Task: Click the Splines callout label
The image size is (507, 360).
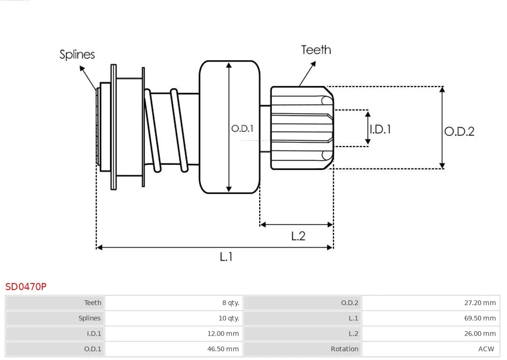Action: [77, 54]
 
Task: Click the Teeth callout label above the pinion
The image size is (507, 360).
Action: [316, 50]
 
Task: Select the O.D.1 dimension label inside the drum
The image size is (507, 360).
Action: [242, 128]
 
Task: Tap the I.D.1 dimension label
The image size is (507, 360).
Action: [380, 129]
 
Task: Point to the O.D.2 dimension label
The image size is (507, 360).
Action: [459, 131]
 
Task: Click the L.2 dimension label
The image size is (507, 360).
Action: [298, 236]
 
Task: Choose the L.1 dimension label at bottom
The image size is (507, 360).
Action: [226, 256]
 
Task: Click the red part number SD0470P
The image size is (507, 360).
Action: [26, 286]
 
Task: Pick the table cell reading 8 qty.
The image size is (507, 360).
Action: [230, 303]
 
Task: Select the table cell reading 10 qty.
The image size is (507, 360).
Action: [229, 318]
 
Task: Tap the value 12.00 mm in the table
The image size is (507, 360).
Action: [223, 334]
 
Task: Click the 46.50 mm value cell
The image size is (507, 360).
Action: [223, 349]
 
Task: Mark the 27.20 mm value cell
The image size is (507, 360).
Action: [480, 303]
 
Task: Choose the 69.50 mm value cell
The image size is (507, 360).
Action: [480, 318]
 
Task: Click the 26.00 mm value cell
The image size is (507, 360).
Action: [480, 334]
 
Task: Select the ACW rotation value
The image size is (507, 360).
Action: [486, 349]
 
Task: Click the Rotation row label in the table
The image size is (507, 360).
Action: [344, 349]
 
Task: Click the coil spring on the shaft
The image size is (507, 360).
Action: [164, 129]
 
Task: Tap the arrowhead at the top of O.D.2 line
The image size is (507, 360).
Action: [442, 89]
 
